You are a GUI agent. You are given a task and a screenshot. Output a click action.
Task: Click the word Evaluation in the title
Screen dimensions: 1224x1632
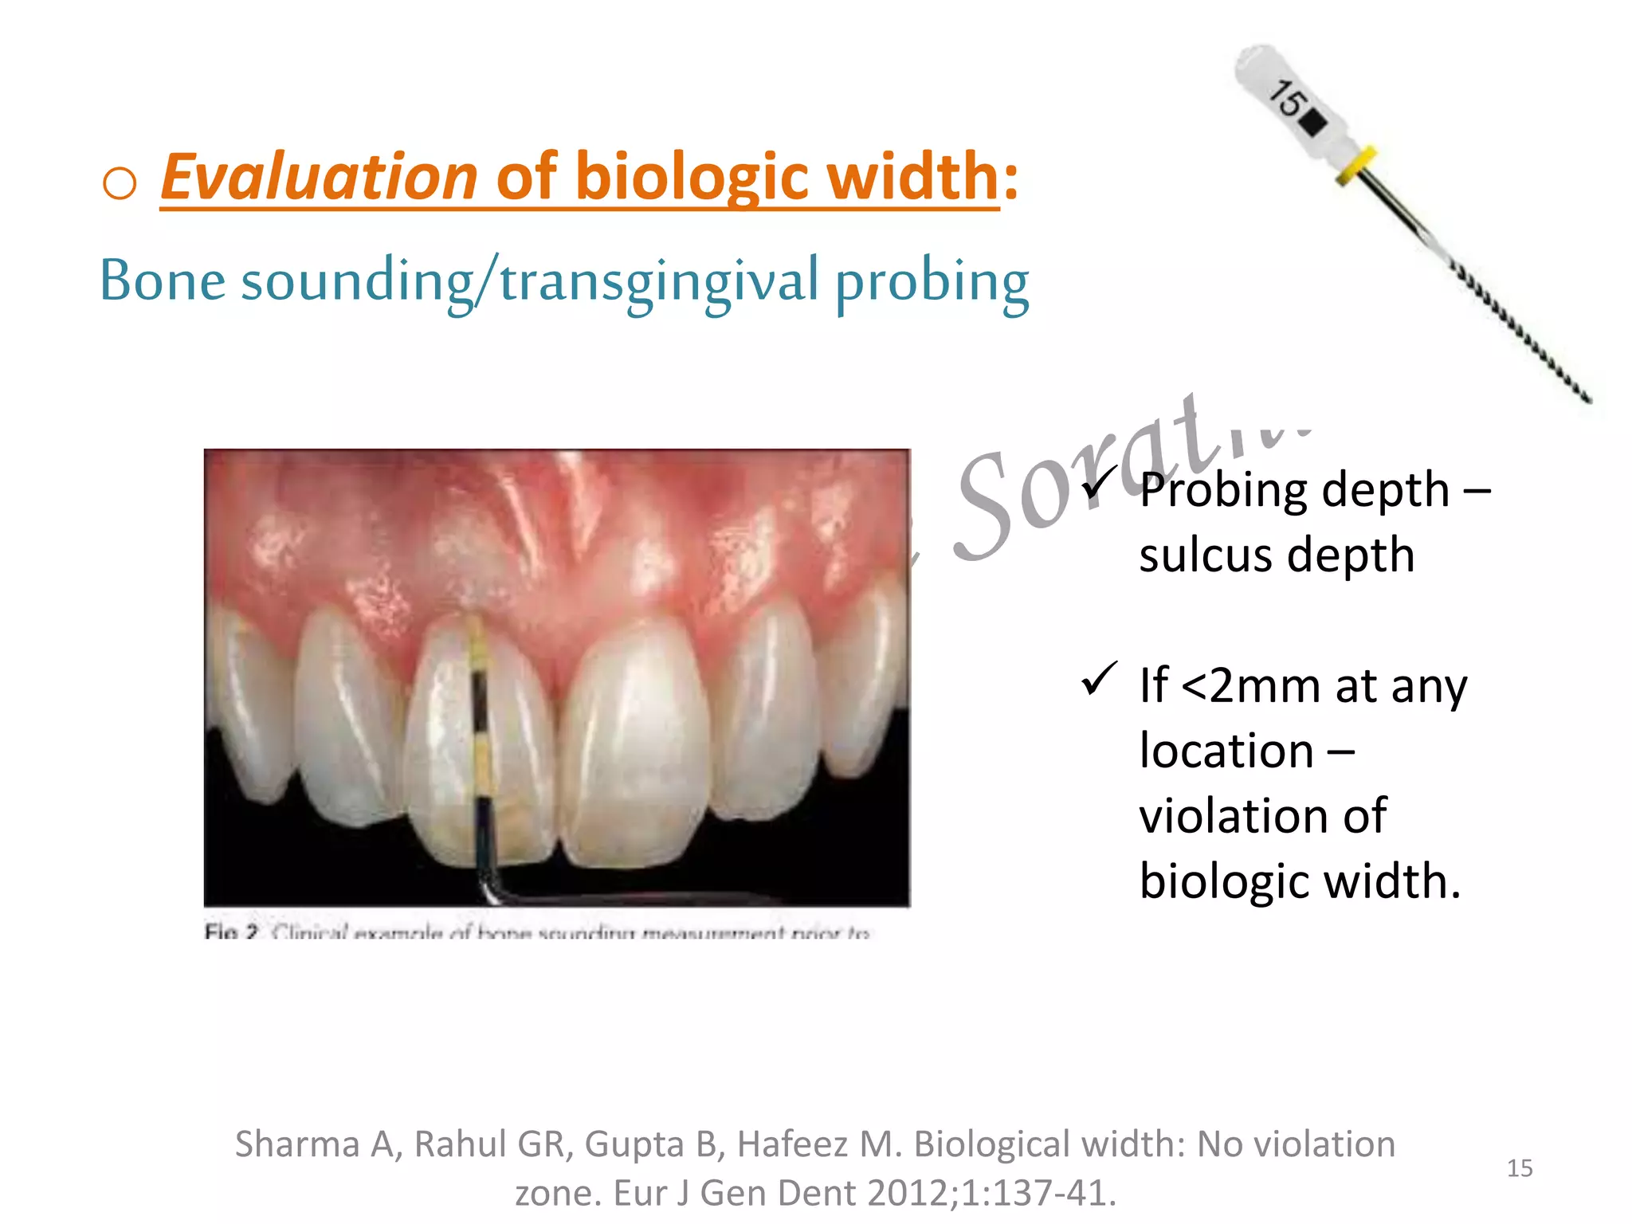pyautogui.click(x=319, y=177)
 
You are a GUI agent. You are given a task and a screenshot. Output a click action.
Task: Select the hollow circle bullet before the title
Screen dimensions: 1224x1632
pyautogui.click(x=120, y=183)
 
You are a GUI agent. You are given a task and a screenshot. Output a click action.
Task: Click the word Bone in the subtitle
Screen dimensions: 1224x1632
pyautogui.click(x=163, y=280)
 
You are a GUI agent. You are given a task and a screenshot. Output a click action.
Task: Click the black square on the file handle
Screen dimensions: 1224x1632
pyautogui.click(x=1313, y=124)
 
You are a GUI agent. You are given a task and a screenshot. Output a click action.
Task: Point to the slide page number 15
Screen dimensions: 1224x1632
pyautogui.click(x=1520, y=1168)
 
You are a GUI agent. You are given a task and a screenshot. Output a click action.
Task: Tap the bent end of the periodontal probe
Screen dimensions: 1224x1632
pyautogui.click(x=486, y=889)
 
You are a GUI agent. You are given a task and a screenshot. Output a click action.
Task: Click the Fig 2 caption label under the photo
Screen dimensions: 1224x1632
pyautogui.click(x=231, y=932)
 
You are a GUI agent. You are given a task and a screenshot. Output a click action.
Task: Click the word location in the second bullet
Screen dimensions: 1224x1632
pyautogui.click(x=1226, y=751)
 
